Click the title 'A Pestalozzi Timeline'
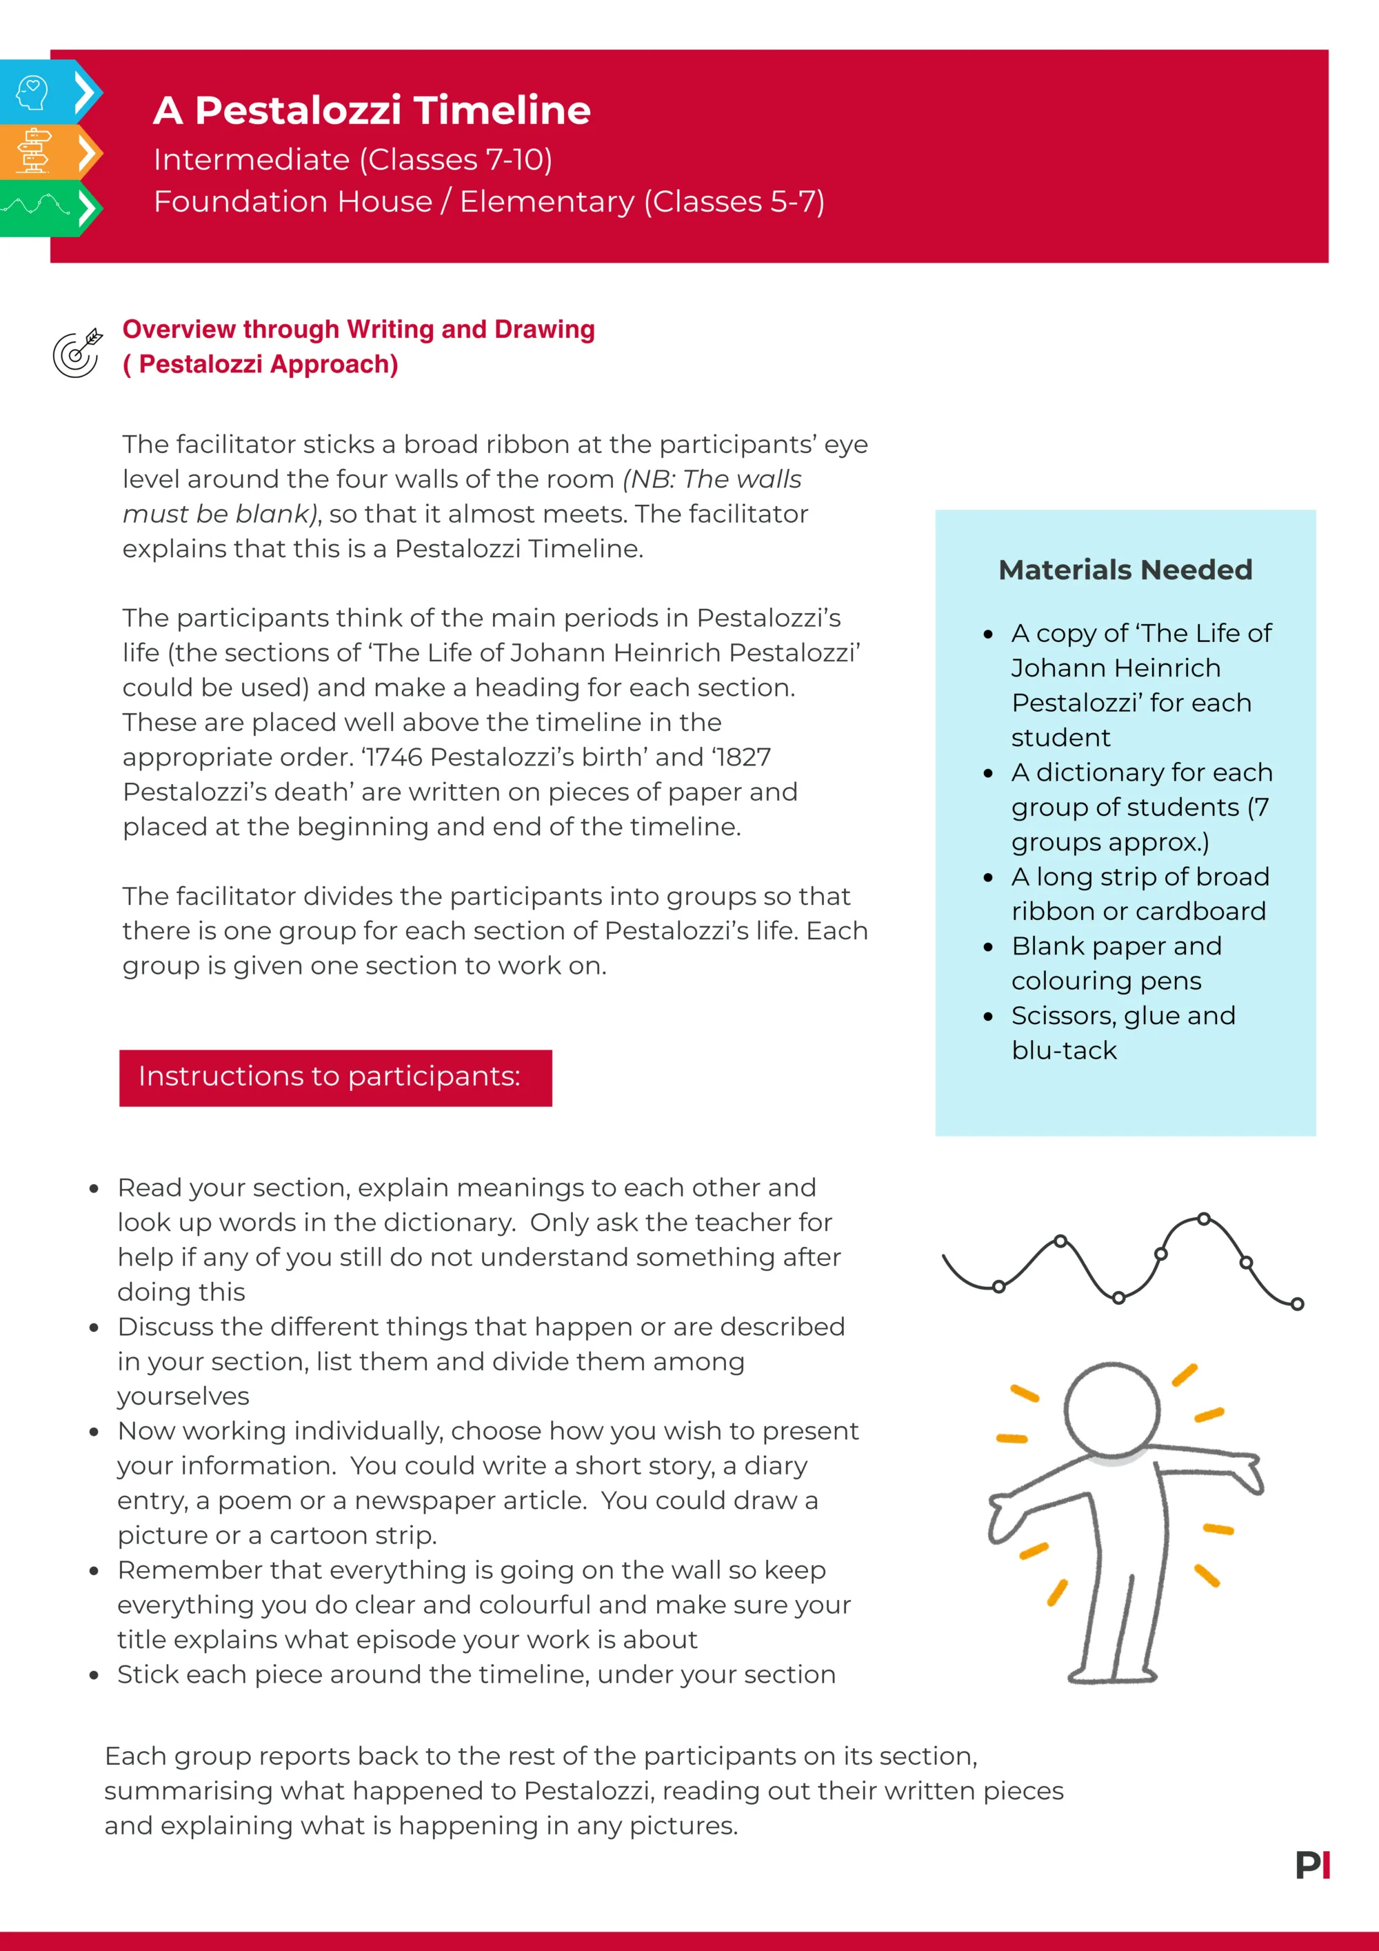point(372,110)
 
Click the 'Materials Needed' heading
point(1125,570)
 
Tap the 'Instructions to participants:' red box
point(335,1077)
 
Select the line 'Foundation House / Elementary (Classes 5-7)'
point(489,202)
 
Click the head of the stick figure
point(1111,1410)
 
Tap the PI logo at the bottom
point(1313,1865)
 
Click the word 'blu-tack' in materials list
point(1064,1051)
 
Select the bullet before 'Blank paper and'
point(988,948)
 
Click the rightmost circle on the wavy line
point(1296,1304)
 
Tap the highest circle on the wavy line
point(1203,1219)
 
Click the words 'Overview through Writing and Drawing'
point(358,330)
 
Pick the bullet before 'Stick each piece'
point(94,1676)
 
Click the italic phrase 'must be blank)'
point(219,514)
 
